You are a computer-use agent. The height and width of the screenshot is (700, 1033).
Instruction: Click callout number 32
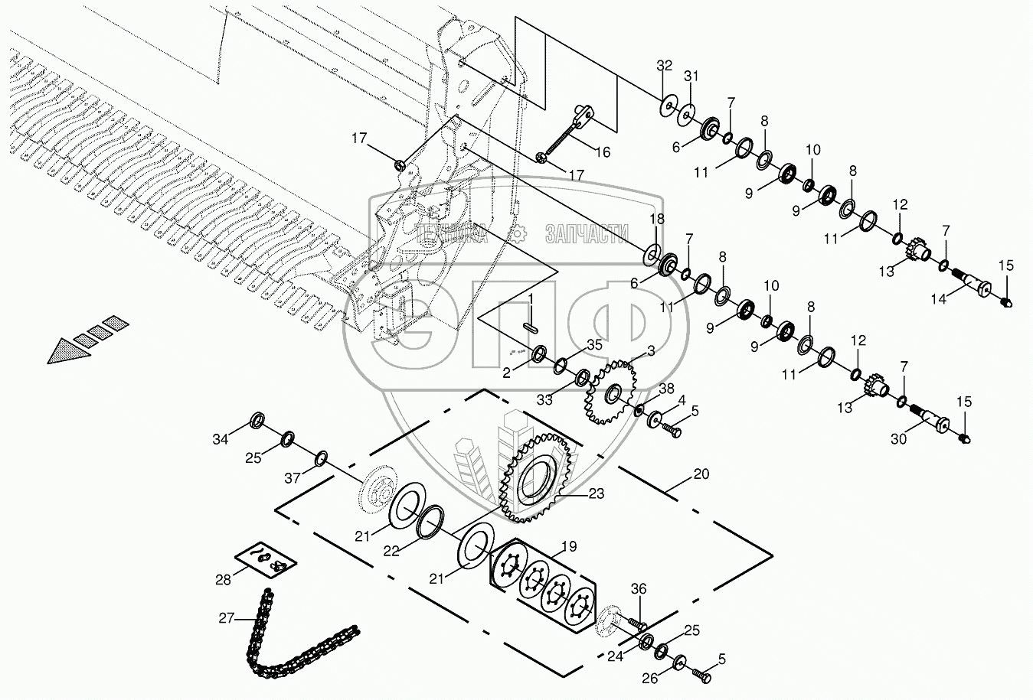664,66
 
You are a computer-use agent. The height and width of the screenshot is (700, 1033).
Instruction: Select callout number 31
691,76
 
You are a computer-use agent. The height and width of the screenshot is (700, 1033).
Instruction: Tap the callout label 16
603,152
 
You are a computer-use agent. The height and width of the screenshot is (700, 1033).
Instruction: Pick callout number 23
597,493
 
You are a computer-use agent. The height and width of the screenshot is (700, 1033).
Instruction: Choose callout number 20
701,474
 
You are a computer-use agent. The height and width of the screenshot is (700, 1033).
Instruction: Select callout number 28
223,579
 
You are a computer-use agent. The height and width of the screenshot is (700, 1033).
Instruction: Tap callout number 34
221,439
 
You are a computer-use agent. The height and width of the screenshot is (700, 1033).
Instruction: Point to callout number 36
639,588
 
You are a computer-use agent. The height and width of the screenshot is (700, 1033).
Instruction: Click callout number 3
650,351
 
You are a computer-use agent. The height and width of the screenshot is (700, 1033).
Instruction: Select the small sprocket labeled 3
610,394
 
